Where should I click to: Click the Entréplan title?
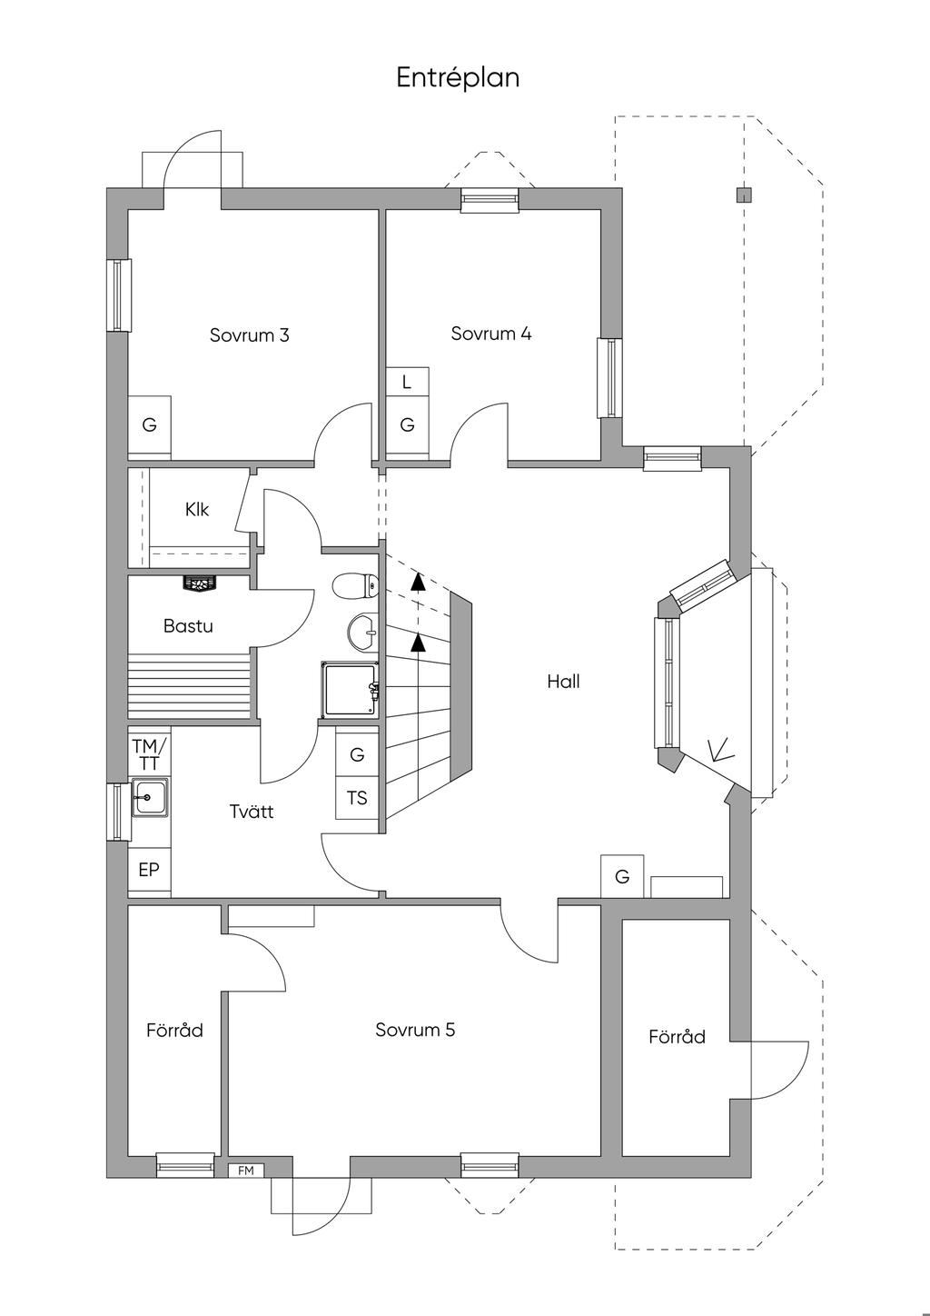458,78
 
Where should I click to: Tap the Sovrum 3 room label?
250,335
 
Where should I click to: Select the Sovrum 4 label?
491,334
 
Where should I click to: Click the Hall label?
564,682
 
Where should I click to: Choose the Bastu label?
188,626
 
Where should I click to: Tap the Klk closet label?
197,509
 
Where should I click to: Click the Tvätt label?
252,812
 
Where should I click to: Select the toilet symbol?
355,585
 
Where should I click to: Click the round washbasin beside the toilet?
363,633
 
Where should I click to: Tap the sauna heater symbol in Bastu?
201,583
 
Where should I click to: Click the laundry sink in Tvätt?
150,797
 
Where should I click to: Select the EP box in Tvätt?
149,870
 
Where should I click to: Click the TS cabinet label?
357,798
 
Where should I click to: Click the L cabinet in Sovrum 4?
408,382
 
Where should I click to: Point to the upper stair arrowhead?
418,581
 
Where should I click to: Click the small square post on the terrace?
744,194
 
